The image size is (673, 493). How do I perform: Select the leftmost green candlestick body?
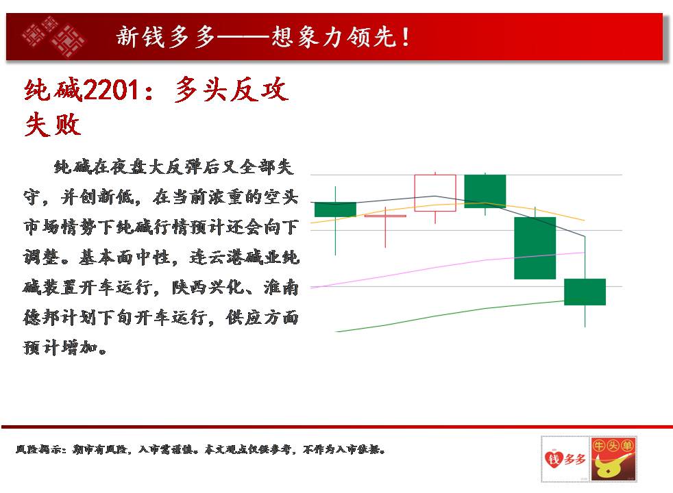(335, 210)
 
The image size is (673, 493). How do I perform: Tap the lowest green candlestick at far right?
(585, 292)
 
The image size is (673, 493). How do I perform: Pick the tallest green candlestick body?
(535, 249)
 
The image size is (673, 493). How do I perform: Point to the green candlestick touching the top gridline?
(485, 191)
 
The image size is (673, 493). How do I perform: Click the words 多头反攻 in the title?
(232, 90)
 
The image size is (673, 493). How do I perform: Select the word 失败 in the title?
(53, 125)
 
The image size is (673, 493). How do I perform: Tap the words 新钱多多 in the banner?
(166, 36)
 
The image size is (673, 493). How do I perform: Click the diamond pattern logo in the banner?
(53, 36)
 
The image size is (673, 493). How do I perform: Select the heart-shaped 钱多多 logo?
(565, 459)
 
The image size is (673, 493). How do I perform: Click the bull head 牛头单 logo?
(613, 459)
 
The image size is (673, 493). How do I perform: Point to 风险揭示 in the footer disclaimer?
(40, 449)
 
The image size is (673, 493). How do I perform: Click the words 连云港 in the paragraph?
(217, 257)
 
